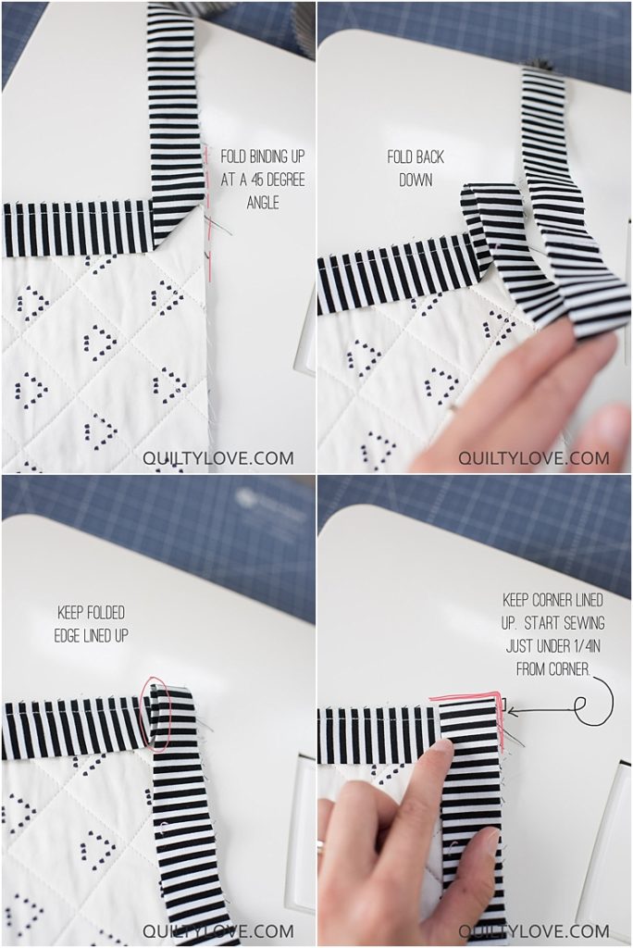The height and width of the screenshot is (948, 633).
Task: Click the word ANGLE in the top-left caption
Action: coord(263,201)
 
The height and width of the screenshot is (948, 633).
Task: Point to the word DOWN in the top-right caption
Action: coord(416,181)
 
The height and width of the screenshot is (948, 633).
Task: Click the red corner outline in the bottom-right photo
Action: coord(467,697)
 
